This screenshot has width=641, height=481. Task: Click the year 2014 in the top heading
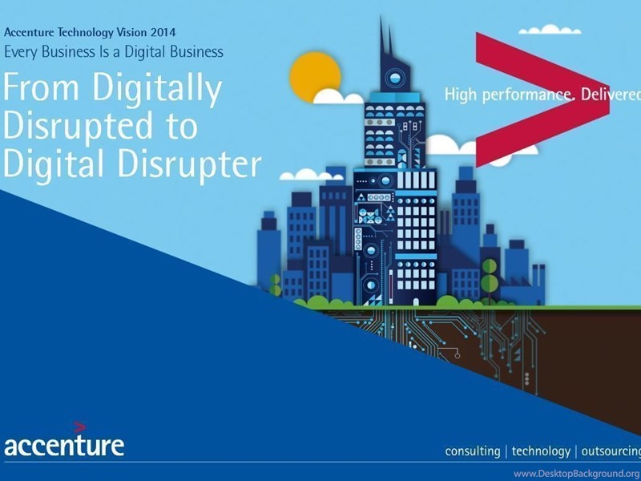[163, 32]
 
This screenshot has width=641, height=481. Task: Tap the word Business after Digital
[196, 52]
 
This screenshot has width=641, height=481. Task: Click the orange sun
[315, 77]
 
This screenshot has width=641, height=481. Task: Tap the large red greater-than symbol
[542, 99]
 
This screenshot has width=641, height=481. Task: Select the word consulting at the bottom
[472, 451]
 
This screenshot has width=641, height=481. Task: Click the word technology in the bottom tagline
[541, 451]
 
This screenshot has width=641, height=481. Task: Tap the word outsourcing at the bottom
[611, 451]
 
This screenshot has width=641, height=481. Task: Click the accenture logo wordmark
[64, 445]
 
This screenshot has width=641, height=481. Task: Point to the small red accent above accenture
[79, 427]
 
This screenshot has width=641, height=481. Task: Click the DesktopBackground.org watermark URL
[577, 474]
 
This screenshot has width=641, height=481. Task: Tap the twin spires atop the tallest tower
[386, 37]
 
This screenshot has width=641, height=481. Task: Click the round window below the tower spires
[395, 77]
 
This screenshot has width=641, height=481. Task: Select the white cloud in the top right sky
[550, 30]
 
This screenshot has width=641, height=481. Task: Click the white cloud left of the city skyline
[311, 175]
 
